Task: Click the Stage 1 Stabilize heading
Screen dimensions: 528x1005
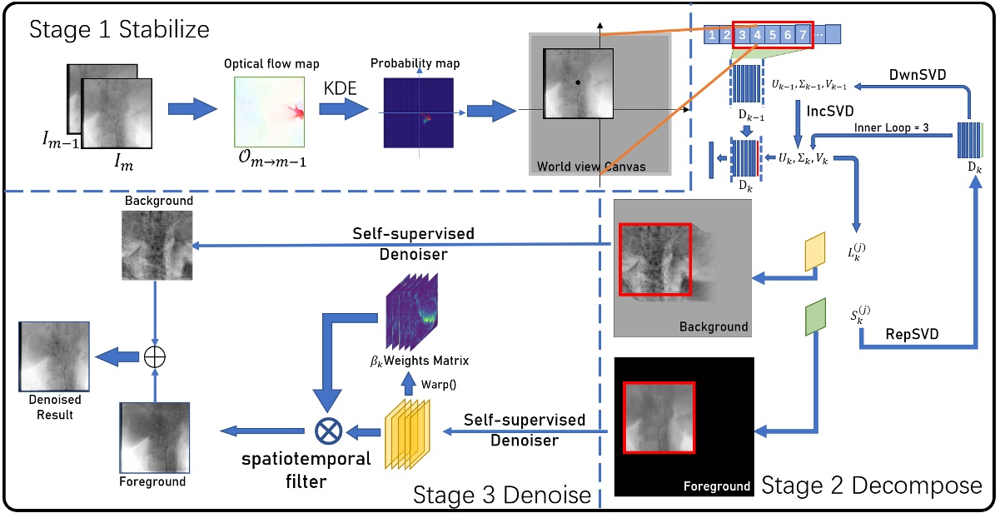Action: point(119,31)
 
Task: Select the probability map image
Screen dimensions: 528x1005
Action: point(418,113)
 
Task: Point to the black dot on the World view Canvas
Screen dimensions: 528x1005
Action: point(577,83)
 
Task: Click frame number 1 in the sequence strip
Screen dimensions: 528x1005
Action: point(711,36)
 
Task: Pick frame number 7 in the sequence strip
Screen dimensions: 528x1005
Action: point(801,36)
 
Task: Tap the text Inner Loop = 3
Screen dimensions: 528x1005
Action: point(899,127)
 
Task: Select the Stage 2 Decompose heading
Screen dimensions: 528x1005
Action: point(872,484)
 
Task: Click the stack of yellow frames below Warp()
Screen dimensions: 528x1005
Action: point(406,430)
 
